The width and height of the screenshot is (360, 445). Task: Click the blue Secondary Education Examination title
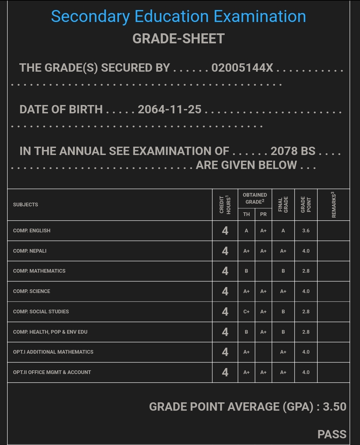[178, 17]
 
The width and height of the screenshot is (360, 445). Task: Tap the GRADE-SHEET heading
[178, 39]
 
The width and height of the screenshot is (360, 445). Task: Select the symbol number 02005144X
[242, 68]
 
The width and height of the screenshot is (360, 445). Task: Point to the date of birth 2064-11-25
[170, 109]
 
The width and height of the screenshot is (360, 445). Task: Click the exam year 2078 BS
[293, 151]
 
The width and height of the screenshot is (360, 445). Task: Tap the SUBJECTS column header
[26, 205]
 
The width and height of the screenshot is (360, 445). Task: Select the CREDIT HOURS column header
[225, 205]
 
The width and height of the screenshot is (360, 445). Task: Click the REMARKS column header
[333, 205]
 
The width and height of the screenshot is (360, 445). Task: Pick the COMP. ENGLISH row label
[32, 231]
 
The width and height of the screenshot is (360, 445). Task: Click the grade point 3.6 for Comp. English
[306, 231]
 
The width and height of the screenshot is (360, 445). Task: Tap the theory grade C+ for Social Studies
[246, 312]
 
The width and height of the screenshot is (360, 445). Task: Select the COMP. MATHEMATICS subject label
[39, 271]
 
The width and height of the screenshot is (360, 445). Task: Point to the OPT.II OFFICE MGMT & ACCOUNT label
[52, 372]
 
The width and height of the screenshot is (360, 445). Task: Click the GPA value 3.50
[334, 407]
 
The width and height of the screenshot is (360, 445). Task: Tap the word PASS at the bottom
[332, 434]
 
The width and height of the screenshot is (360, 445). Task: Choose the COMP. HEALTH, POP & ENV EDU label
[50, 332]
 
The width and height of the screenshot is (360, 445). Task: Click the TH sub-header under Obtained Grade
[246, 214]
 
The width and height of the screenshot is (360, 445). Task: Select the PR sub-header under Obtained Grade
[263, 214]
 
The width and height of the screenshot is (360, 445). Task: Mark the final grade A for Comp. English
[283, 231]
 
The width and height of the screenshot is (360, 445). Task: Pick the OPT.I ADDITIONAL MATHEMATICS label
[53, 352]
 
